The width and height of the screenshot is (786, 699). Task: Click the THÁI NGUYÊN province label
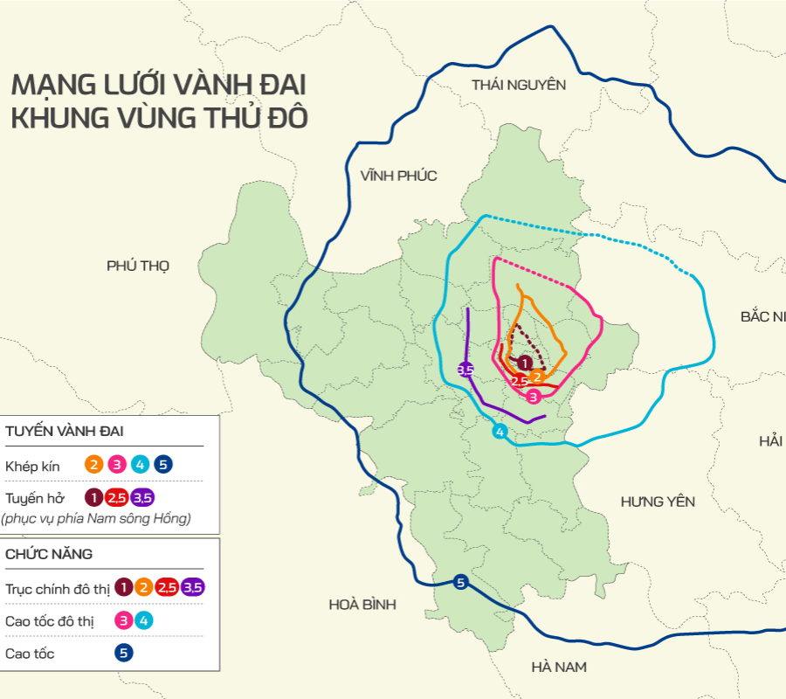(x=519, y=85)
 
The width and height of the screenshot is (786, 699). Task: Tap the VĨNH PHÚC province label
(x=398, y=176)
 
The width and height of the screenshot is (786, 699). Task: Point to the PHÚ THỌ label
(x=138, y=266)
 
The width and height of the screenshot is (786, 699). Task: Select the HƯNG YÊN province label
(x=658, y=502)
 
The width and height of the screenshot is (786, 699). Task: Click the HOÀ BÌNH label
(x=362, y=605)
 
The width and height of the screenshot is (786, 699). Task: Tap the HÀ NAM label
(x=559, y=667)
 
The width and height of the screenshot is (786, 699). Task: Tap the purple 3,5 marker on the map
(x=465, y=370)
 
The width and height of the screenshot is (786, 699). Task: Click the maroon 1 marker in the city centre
(x=524, y=363)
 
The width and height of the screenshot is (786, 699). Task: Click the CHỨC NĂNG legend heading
(x=49, y=554)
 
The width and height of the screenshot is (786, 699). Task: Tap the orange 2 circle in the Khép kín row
(x=93, y=465)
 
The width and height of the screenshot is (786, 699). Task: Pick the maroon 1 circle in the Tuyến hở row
(x=93, y=498)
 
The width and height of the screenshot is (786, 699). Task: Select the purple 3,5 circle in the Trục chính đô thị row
(x=193, y=588)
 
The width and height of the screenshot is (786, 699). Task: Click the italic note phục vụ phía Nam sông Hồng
(x=96, y=518)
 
